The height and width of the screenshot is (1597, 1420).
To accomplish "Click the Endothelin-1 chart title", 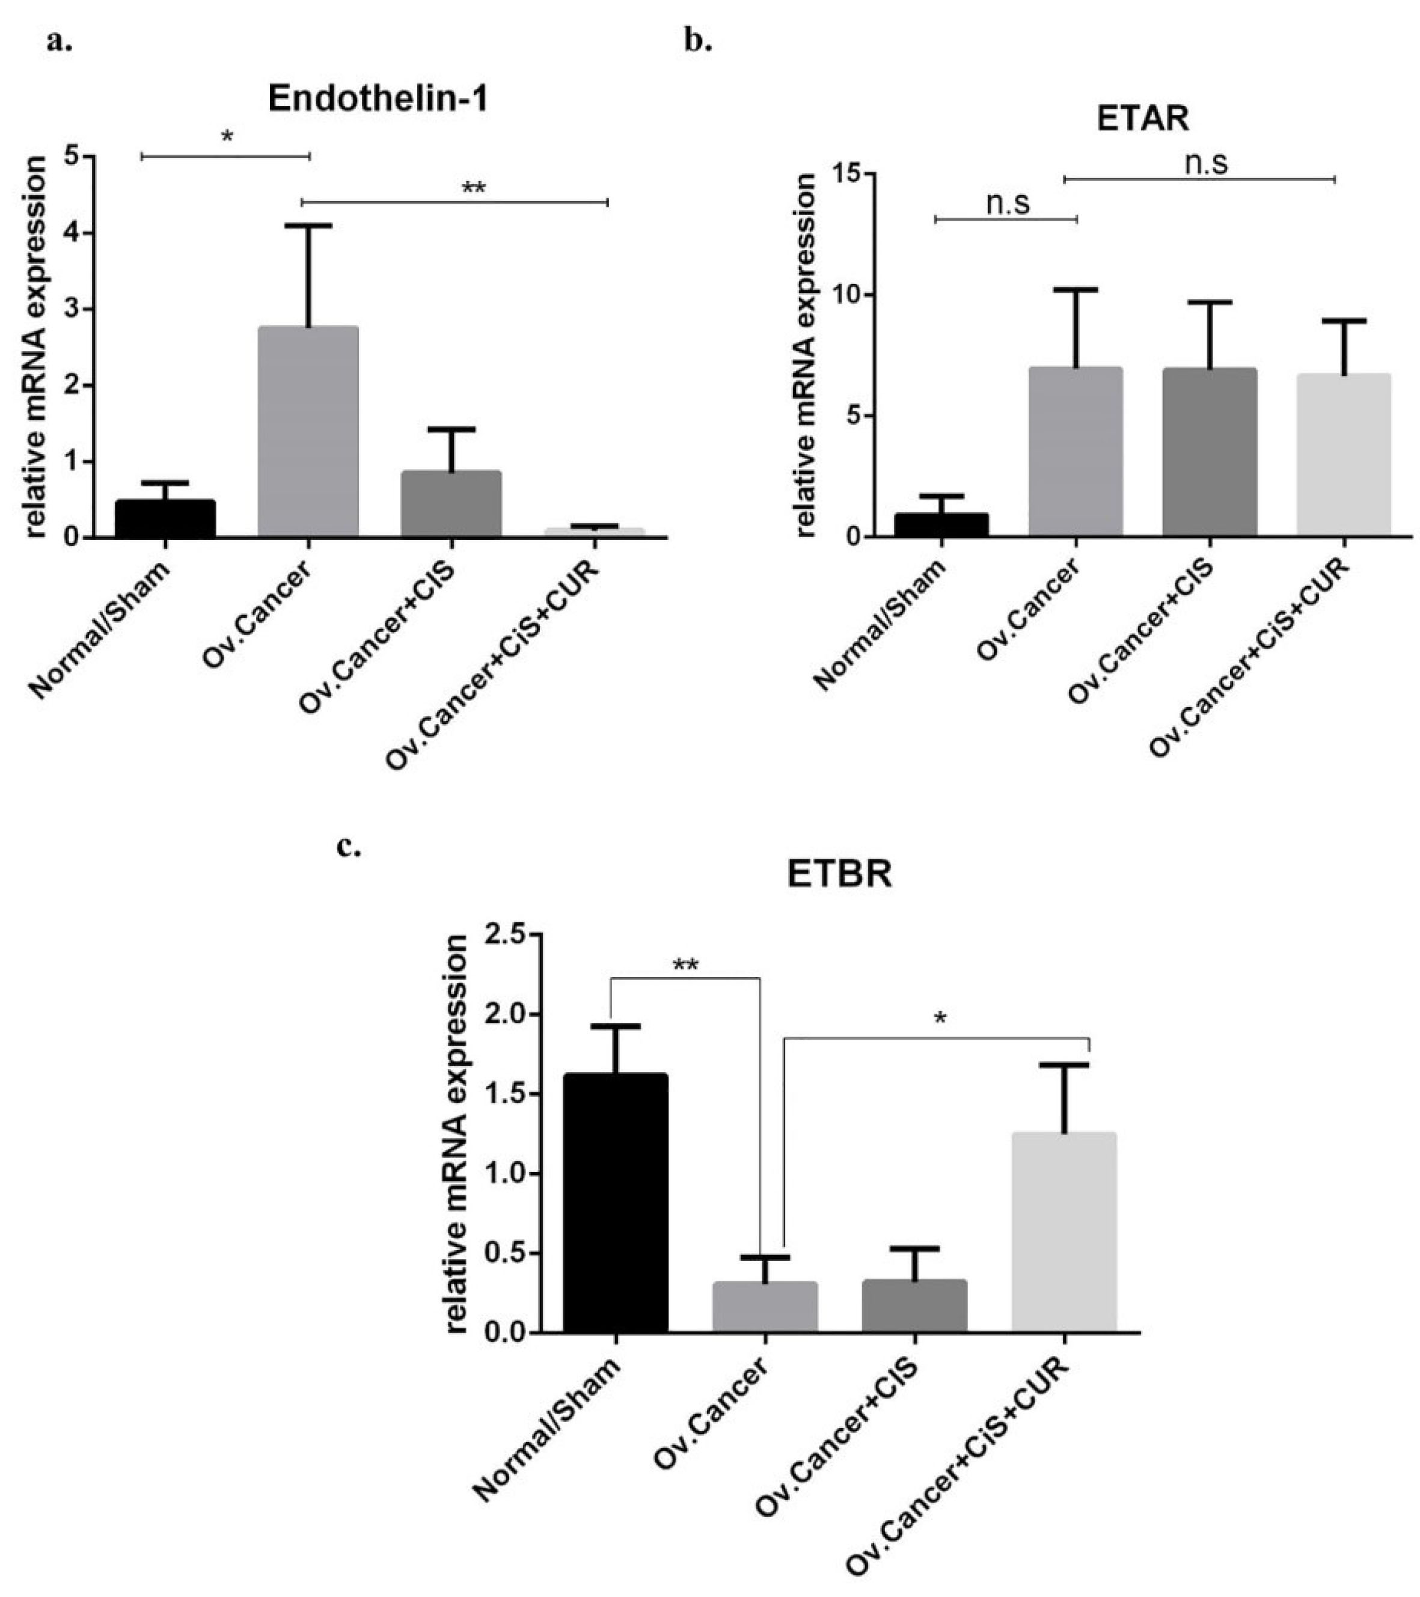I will [378, 100].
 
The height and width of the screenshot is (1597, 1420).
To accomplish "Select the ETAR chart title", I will [1143, 119].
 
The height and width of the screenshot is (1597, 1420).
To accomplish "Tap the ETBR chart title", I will [839, 874].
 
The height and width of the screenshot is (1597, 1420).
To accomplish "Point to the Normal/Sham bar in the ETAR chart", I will [941, 525].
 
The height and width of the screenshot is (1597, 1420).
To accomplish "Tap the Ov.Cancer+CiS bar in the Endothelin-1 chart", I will [451, 504].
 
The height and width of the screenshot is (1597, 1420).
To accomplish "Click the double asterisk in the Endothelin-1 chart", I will [474, 188].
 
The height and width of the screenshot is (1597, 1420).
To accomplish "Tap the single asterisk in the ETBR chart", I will [940, 1019].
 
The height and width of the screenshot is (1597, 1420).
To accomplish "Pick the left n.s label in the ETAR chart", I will [1008, 203].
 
